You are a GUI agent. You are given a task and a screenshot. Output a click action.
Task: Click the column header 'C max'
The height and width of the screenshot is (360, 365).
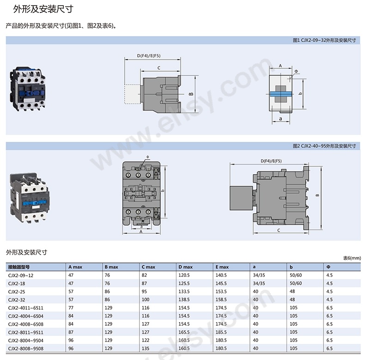tap(148, 267)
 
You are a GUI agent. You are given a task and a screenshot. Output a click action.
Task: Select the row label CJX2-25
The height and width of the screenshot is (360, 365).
tap(17, 292)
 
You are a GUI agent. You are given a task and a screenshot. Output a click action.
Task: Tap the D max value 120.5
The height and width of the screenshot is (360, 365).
tap(184, 275)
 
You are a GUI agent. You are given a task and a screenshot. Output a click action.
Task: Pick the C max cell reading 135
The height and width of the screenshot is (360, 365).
tap(145, 348)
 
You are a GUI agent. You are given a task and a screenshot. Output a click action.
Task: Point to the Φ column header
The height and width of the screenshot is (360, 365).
tap(328, 267)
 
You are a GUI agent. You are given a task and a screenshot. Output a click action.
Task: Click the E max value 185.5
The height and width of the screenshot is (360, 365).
tap(221, 332)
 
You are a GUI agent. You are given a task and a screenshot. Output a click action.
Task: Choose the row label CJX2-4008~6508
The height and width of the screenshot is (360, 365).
tap(25, 324)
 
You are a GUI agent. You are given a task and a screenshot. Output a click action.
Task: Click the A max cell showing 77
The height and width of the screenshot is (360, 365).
tap(71, 308)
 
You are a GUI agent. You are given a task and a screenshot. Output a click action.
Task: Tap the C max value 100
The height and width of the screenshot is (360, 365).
tap(145, 299)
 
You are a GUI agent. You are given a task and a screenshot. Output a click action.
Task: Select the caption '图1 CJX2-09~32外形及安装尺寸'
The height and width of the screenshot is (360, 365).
tap(324, 40)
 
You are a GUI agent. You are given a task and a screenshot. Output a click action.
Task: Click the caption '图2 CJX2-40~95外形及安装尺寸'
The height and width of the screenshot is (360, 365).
tap(324, 146)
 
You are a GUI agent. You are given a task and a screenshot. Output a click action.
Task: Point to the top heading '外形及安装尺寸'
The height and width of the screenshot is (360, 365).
tap(43, 9)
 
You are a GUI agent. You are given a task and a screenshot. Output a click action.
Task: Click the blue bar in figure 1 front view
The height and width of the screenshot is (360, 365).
tap(281, 94)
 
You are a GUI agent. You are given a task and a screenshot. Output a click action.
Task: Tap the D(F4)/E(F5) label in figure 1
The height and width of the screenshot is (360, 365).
tap(148, 55)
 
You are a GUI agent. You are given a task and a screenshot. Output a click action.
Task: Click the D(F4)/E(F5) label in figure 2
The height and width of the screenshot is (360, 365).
tap(271, 161)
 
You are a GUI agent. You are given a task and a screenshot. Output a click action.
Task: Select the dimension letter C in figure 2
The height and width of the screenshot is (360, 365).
tap(279, 230)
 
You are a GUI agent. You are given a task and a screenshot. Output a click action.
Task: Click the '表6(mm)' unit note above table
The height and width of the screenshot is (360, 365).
tap(352, 258)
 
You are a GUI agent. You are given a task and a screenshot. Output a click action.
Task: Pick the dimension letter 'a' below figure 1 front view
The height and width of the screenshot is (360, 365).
tap(280, 119)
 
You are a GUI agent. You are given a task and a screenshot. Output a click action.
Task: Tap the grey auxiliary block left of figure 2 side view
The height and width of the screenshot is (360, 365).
tap(241, 198)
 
